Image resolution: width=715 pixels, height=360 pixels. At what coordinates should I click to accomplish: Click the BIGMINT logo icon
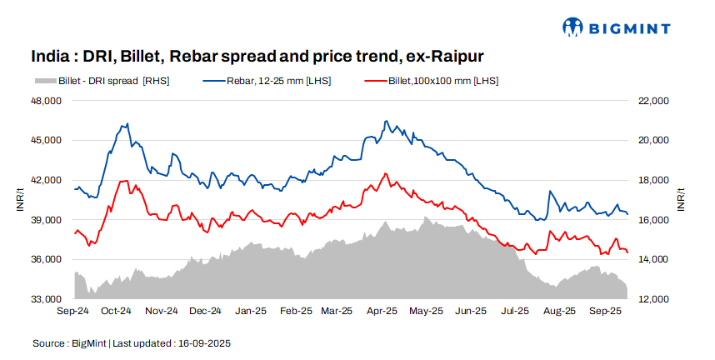click(x=572, y=27)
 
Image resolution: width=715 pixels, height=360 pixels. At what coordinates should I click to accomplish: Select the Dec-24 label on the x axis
click(x=205, y=312)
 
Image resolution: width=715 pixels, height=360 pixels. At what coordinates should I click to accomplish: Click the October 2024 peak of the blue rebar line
click(x=127, y=123)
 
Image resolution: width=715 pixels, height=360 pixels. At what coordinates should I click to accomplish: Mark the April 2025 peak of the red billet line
click(x=384, y=173)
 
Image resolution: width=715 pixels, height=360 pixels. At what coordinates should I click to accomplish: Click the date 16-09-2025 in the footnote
click(x=205, y=343)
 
